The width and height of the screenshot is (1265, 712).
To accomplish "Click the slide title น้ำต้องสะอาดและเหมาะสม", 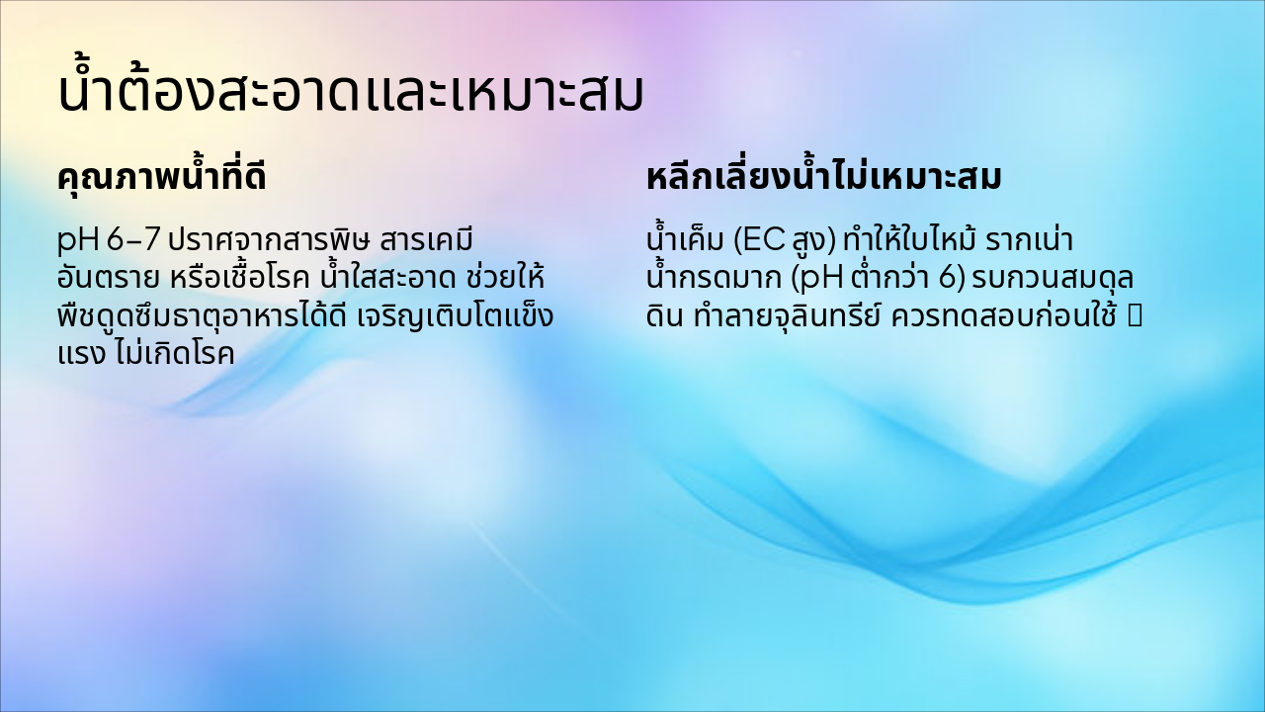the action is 351,89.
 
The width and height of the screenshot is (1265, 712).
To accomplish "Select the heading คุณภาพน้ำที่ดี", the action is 162,176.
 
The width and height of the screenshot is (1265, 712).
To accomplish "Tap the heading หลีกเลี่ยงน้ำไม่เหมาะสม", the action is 824,176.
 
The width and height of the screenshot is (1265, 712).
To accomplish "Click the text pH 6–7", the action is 109,241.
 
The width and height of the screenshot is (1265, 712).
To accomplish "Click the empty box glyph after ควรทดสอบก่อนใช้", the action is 1135,316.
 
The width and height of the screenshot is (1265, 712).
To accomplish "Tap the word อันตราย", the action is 109,278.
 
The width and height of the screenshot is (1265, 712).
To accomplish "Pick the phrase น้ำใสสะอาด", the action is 388,277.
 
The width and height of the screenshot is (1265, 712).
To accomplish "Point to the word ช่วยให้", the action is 506,277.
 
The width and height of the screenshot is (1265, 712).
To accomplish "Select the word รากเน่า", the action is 1030,239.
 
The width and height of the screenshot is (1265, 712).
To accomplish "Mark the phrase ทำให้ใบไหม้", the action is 909,238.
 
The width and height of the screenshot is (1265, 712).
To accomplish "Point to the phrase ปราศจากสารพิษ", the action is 269,239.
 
